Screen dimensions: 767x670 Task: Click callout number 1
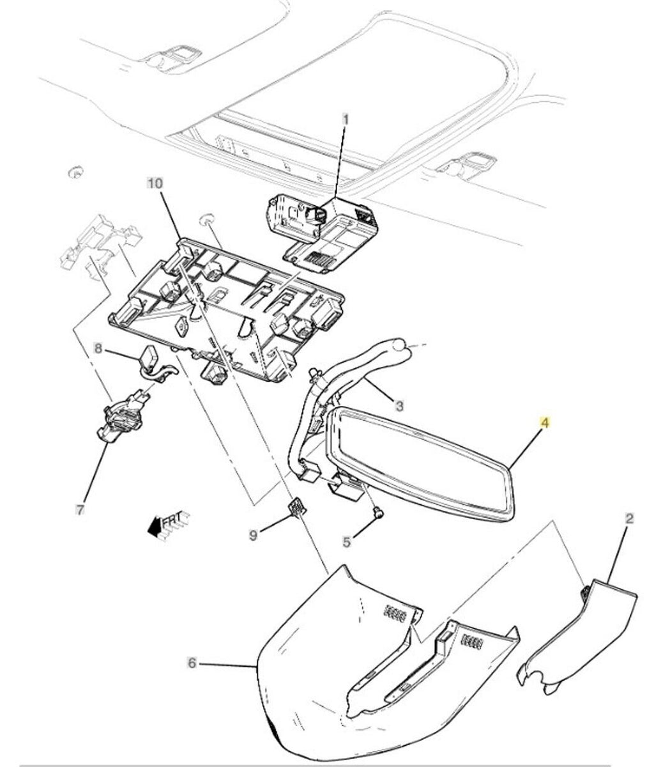point(346,119)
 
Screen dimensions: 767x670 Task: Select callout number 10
point(154,183)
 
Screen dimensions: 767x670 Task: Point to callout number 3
point(399,405)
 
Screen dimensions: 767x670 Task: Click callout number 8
point(98,348)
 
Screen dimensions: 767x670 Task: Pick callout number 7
point(79,510)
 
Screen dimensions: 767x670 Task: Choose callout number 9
point(253,534)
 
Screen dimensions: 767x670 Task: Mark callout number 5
point(346,542)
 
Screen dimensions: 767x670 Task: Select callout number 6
point(192,664)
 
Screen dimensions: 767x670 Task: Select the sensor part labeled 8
point(151,356)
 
